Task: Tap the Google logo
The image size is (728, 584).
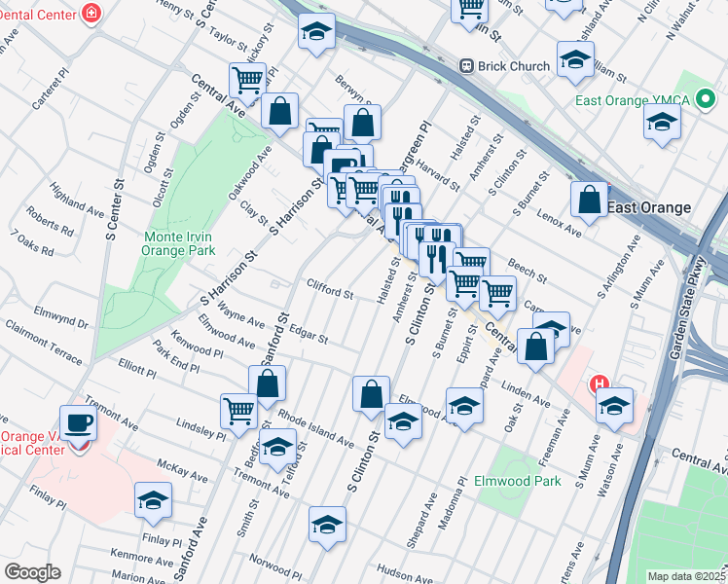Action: (x=32, y=572)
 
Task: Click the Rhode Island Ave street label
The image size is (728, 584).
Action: (x=315, y=426)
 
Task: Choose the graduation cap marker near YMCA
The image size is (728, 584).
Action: (x=662, y=123)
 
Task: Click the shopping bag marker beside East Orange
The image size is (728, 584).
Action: (x=590, y=200)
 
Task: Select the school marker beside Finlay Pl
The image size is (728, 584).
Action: (x=153, y=500)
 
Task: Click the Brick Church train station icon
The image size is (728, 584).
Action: (x=467, y=66)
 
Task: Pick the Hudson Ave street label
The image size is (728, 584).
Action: (x=404, y=573)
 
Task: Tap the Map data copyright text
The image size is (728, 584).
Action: (x=686, y=576)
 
